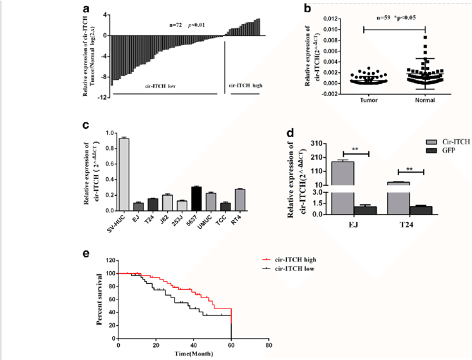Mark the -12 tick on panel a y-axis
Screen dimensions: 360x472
click(102, 96)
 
